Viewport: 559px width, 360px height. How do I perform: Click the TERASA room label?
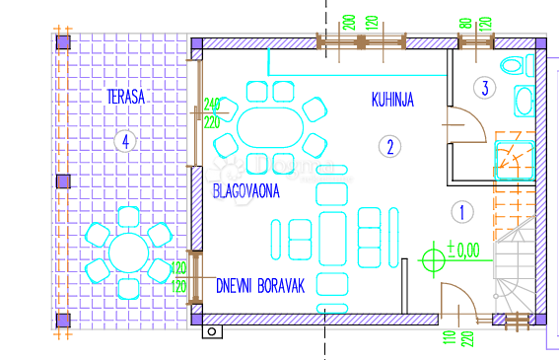(126, 96)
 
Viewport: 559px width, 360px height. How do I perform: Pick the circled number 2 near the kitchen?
(389, 148)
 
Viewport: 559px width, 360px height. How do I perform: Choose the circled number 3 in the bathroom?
(484, 87)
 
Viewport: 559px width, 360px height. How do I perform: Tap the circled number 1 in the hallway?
(460, 210)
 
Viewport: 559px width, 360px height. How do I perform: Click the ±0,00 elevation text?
(462, 251)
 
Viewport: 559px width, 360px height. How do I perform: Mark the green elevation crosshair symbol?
(433, 260)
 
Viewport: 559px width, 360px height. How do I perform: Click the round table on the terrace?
(128, 252)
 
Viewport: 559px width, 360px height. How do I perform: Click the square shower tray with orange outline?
(514, 157)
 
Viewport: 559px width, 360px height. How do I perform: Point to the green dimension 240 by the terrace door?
(210, 104)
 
